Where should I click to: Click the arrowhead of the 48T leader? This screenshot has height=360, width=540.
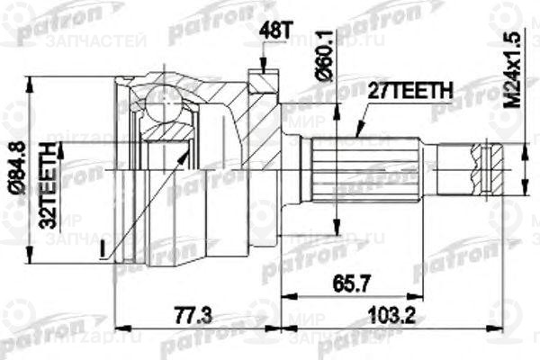(262, 71)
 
